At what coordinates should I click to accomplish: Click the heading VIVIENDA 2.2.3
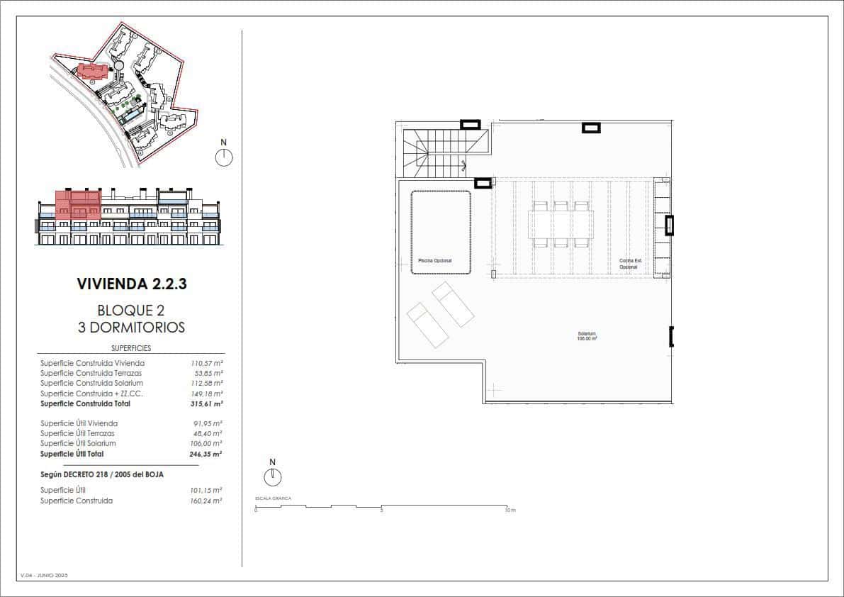pyautogui.click(x=131, y=284)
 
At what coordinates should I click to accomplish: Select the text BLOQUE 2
pyautogui.click(x=131, y=311)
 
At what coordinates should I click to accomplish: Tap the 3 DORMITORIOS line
pyautogui.click(x=131, y=328)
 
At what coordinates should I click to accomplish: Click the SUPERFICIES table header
pyautogui.click(x=131, y=348)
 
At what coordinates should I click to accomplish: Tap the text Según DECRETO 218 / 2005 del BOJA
pyautogui.click(x=102, y=474)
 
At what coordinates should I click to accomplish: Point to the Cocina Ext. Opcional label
pyautogui.click(x=629, y=264)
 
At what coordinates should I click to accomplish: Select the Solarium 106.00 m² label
pyautogui.click(x=587, y=336)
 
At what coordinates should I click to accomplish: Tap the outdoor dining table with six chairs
pyautogui.click(x=561, y=225)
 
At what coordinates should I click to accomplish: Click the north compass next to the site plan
pyautogui.click(x=224, y=157)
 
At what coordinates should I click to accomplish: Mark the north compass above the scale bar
pyautogui.click(x=272, y=477)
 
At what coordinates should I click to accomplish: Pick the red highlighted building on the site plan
pyautogui.click(x=93, y=71)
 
